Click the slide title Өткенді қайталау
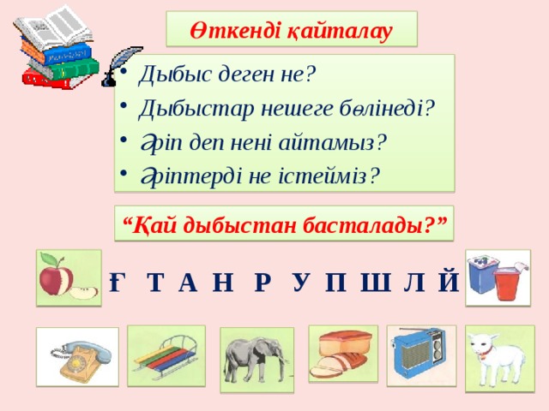click(x=291, y=31)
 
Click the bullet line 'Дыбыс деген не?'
click(x=226, y=74)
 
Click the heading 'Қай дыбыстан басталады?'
click(x=285, y=225)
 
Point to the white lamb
click(x=498, y=358)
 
